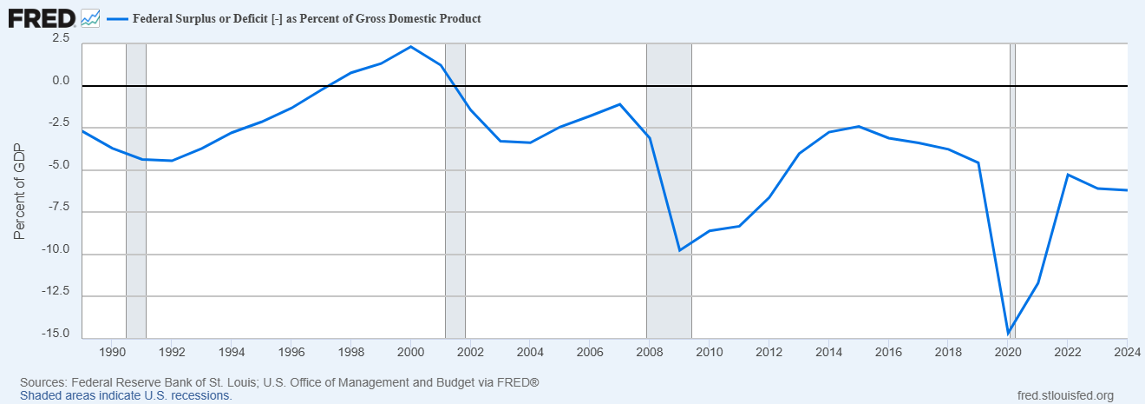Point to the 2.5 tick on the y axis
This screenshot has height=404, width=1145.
60,38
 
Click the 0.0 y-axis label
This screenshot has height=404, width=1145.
60,81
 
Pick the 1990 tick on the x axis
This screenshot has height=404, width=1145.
112,352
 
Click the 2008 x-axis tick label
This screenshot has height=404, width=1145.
648,352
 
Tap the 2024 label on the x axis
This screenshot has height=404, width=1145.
1126,352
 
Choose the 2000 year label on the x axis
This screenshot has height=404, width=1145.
410,352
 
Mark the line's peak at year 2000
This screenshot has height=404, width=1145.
410,46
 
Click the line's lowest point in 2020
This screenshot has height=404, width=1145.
1008,334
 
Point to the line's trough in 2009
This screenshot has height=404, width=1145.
679,250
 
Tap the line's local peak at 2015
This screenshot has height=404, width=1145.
858,126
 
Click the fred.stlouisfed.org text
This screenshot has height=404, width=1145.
1064,395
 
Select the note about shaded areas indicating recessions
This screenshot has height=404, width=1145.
126,395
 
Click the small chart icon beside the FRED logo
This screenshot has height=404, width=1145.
90,17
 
